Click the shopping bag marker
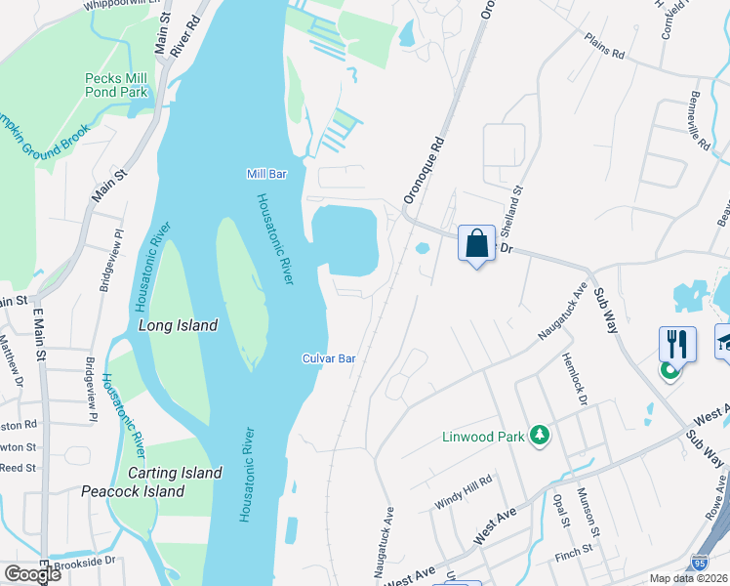click(x=476, y=244)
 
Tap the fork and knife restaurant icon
click(x=677, y=344)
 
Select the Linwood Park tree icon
click(x=538, y=436)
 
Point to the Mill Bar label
click(x=266, y=174)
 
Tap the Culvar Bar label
click(x=328, y=358)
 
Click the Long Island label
click(x=178, y=325)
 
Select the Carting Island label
click(x=175, y=474)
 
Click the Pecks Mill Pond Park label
click(x=116, y=85)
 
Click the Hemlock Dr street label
click(x=576, y=379)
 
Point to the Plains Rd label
click(x=605, y=50)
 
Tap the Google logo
click(x=32, y=574)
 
